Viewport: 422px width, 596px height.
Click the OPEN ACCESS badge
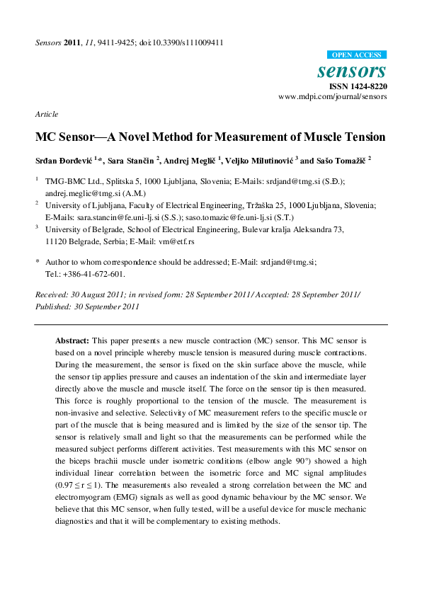click(x=358, y=55)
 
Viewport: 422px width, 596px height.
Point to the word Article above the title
click(x=46, y=114)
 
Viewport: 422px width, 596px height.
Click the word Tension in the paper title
click(x=360, y=137)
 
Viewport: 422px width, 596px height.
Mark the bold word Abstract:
click(x=72, y=340)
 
